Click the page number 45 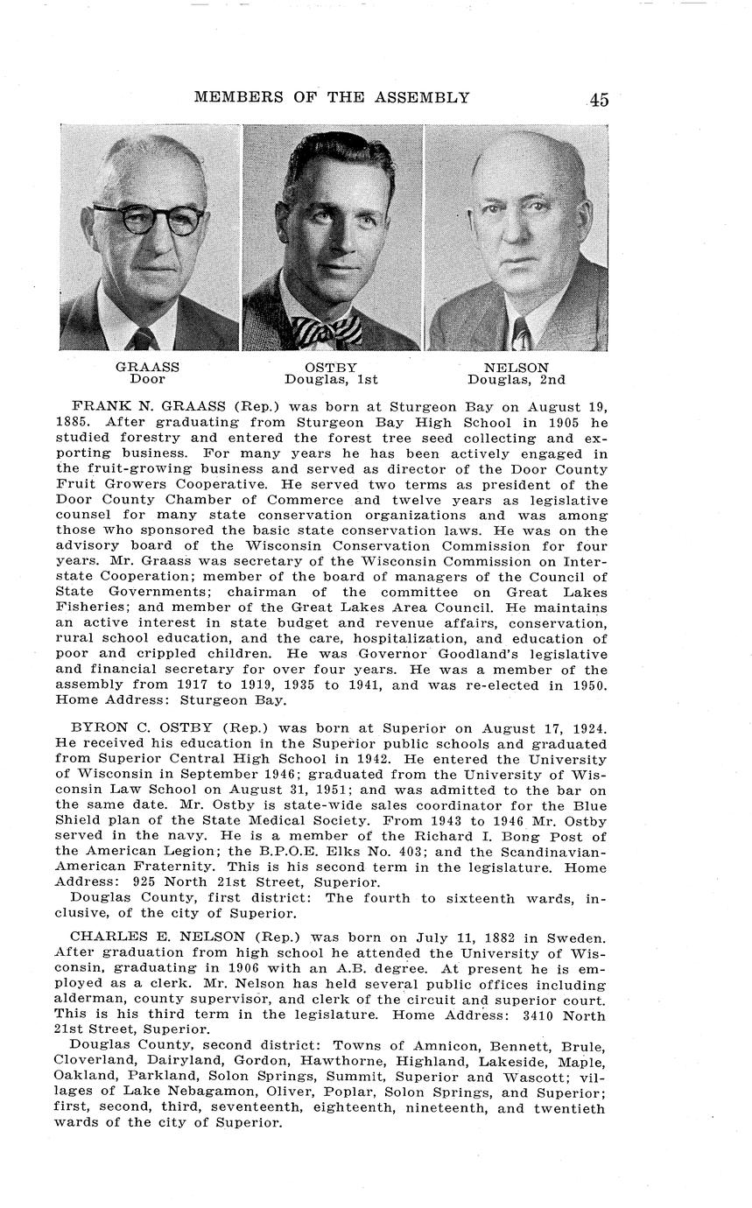point(599,100)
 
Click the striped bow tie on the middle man point(326,332)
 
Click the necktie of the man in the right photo point(522,334)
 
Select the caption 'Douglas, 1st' point(331,380)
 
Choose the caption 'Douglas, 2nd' point(517,380)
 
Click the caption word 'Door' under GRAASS point(147,380)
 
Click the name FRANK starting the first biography point(95,408)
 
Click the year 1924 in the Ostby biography point(587,728)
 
